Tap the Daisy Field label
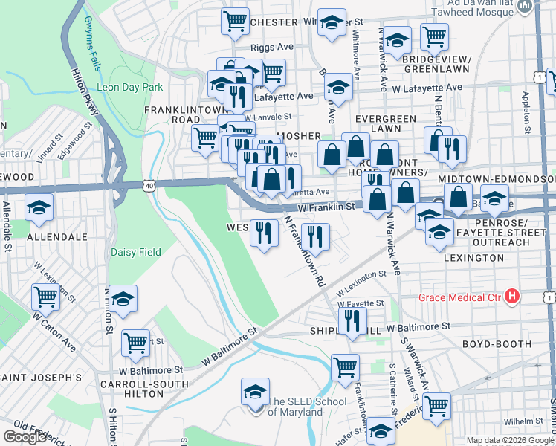136,252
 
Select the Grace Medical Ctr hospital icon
511,297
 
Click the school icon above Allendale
38,209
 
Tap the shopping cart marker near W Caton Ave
46,297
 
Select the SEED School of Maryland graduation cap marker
254,392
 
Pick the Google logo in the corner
25,437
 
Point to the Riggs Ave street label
273,47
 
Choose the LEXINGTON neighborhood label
473,257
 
